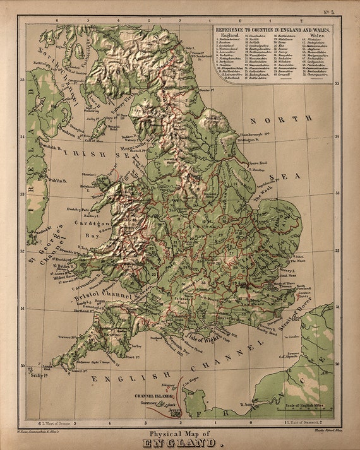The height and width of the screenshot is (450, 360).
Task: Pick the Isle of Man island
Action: (x=99, y=129)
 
